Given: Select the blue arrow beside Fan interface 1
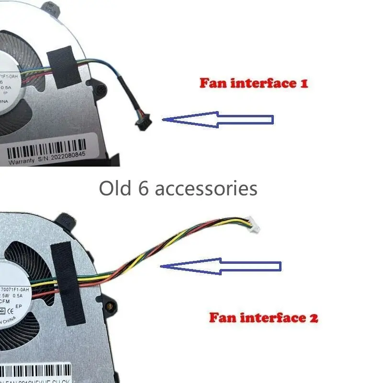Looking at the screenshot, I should tap(218, 119).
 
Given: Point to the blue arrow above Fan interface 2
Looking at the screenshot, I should tap(221, 266).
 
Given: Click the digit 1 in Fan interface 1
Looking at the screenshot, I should tap(303, 83).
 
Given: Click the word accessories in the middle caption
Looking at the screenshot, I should tap(206, 188).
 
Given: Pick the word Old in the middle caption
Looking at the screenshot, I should tap(115, 188).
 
